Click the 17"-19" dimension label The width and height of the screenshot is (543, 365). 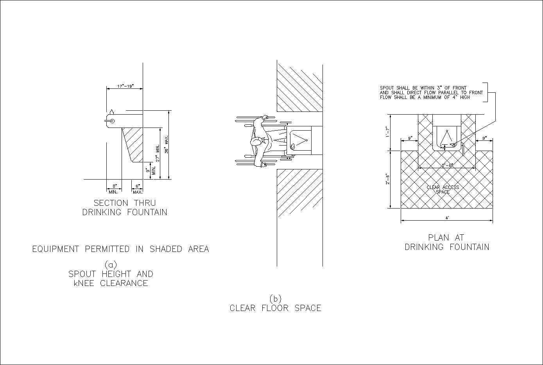(125, 86)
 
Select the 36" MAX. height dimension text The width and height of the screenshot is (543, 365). (166, 145)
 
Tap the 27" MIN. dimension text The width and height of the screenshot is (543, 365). (158, 153)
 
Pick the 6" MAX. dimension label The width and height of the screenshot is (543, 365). (137, 189)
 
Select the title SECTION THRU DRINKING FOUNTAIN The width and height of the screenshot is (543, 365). (125, 208)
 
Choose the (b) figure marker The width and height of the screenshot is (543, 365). (275, 298)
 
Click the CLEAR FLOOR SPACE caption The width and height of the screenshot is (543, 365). (275, 308)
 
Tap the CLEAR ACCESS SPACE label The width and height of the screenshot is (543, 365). (443, 190)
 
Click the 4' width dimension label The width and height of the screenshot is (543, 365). (447, 218)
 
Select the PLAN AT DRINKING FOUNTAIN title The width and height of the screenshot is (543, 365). (447, 242)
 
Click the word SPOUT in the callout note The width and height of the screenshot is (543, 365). (386, 88)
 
